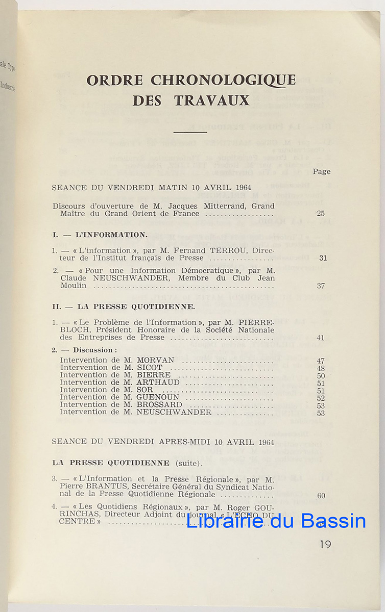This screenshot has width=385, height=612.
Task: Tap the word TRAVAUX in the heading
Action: pyautogui.click(x=212, y=100)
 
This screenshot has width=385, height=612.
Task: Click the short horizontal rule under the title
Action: pyautogui.click(x=190, y=132)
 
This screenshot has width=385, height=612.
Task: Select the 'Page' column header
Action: pyautogui.click(x=322, y=171)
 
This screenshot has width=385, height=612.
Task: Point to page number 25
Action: pyautogui.click(x=320, y=214)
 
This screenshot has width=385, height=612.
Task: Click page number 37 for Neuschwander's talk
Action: pyautogui.click(x=321, y=286)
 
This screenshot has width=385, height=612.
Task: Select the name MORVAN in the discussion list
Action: pyautogui.click(x=156, y=360)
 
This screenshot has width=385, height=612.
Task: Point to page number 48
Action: pyautogui.click(x=321, y=368)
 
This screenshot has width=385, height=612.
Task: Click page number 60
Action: pyautogui.click(x=321, y=495)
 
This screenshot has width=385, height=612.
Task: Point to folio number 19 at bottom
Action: pyautogui.click(x=325, y=544)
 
